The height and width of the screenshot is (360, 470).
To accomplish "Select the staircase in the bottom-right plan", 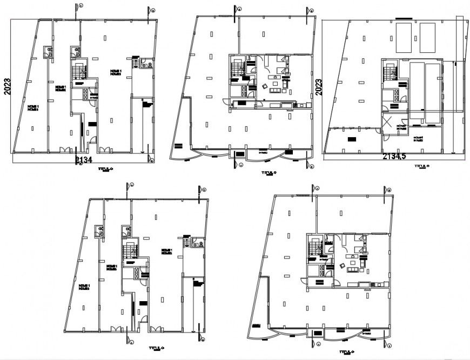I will point(315,248).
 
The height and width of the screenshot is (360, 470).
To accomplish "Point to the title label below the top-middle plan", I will point(268,173).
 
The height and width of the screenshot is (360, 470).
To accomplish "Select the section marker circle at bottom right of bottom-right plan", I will point(390,345).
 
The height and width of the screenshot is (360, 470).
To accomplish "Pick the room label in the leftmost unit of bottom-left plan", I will point(84,287).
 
